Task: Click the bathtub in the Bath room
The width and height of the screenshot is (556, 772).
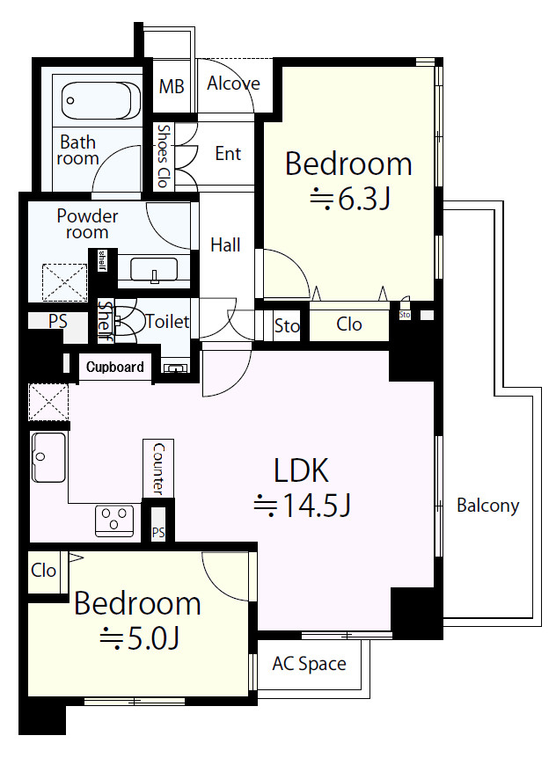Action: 101,100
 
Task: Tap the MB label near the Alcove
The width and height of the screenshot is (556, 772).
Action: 172,87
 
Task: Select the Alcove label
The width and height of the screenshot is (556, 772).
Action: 233,84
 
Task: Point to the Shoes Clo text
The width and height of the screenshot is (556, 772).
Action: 164,156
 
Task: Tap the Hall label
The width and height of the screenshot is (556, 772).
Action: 225,244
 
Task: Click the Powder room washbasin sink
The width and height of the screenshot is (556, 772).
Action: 154,270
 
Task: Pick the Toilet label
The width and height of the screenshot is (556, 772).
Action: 167,322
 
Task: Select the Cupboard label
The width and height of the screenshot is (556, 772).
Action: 114,367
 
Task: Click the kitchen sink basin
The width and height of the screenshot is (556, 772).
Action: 48,457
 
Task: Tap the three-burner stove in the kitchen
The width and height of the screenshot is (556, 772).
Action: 114,521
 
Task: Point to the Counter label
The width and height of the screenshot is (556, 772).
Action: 158,469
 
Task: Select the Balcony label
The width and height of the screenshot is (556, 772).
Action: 487,506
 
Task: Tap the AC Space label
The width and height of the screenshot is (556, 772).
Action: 310,664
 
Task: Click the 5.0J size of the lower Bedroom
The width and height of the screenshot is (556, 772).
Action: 139,638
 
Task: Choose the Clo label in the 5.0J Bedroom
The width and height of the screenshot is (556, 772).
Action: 43,570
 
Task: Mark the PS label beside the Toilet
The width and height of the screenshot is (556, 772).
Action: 57,321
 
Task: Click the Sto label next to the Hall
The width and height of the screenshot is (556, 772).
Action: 287,325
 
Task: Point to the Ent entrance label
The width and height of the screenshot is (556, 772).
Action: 228,154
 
